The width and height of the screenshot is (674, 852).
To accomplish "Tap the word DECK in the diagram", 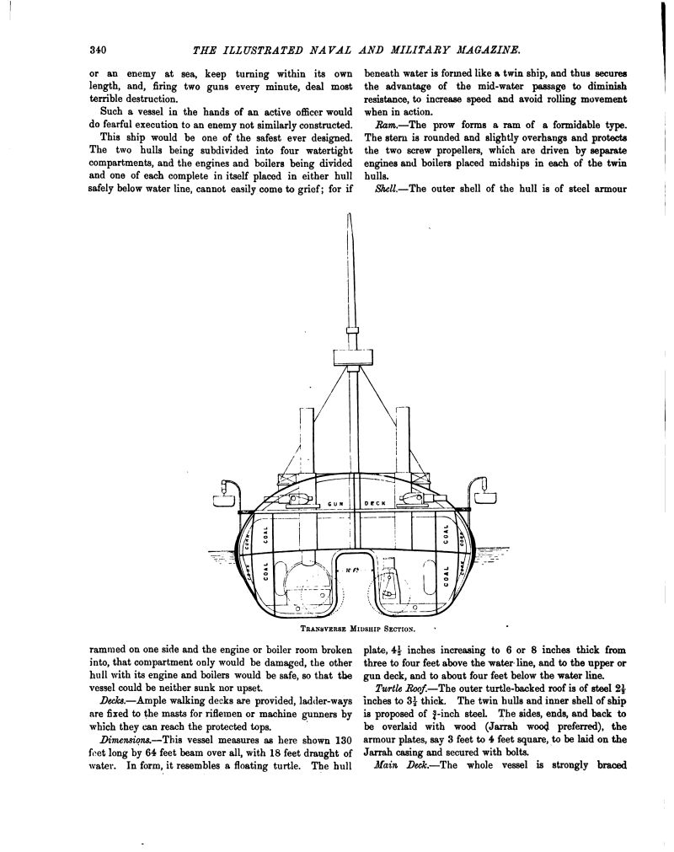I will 374,503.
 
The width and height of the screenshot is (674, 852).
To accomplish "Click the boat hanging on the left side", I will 223,500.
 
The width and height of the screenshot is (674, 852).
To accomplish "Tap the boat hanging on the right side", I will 487,500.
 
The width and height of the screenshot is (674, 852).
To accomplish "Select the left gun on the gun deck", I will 295,500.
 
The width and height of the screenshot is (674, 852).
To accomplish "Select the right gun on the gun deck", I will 412,500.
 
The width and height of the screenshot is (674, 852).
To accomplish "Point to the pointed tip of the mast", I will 349,217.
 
